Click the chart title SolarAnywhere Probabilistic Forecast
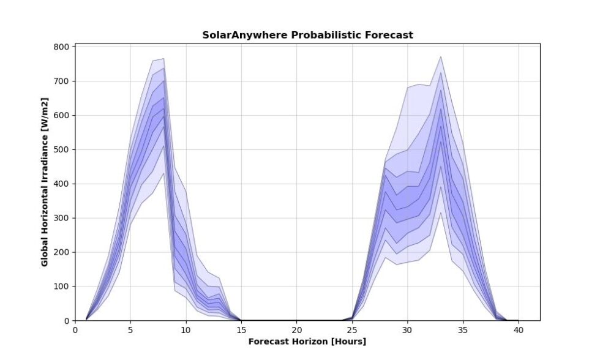(x=307, y=35)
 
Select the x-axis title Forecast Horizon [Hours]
(x=307, y=341)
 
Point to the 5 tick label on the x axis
(x=130, y=330)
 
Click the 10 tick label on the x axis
(x=186, y=330)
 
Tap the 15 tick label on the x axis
(x=241, y=330)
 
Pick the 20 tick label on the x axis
(x=296, y=330)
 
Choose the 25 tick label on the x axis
(x=352, y=330)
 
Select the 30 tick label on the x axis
(x=407, y=330)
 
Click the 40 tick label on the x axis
(x=518, y=330)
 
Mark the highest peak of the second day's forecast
(x=441, y=57)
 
